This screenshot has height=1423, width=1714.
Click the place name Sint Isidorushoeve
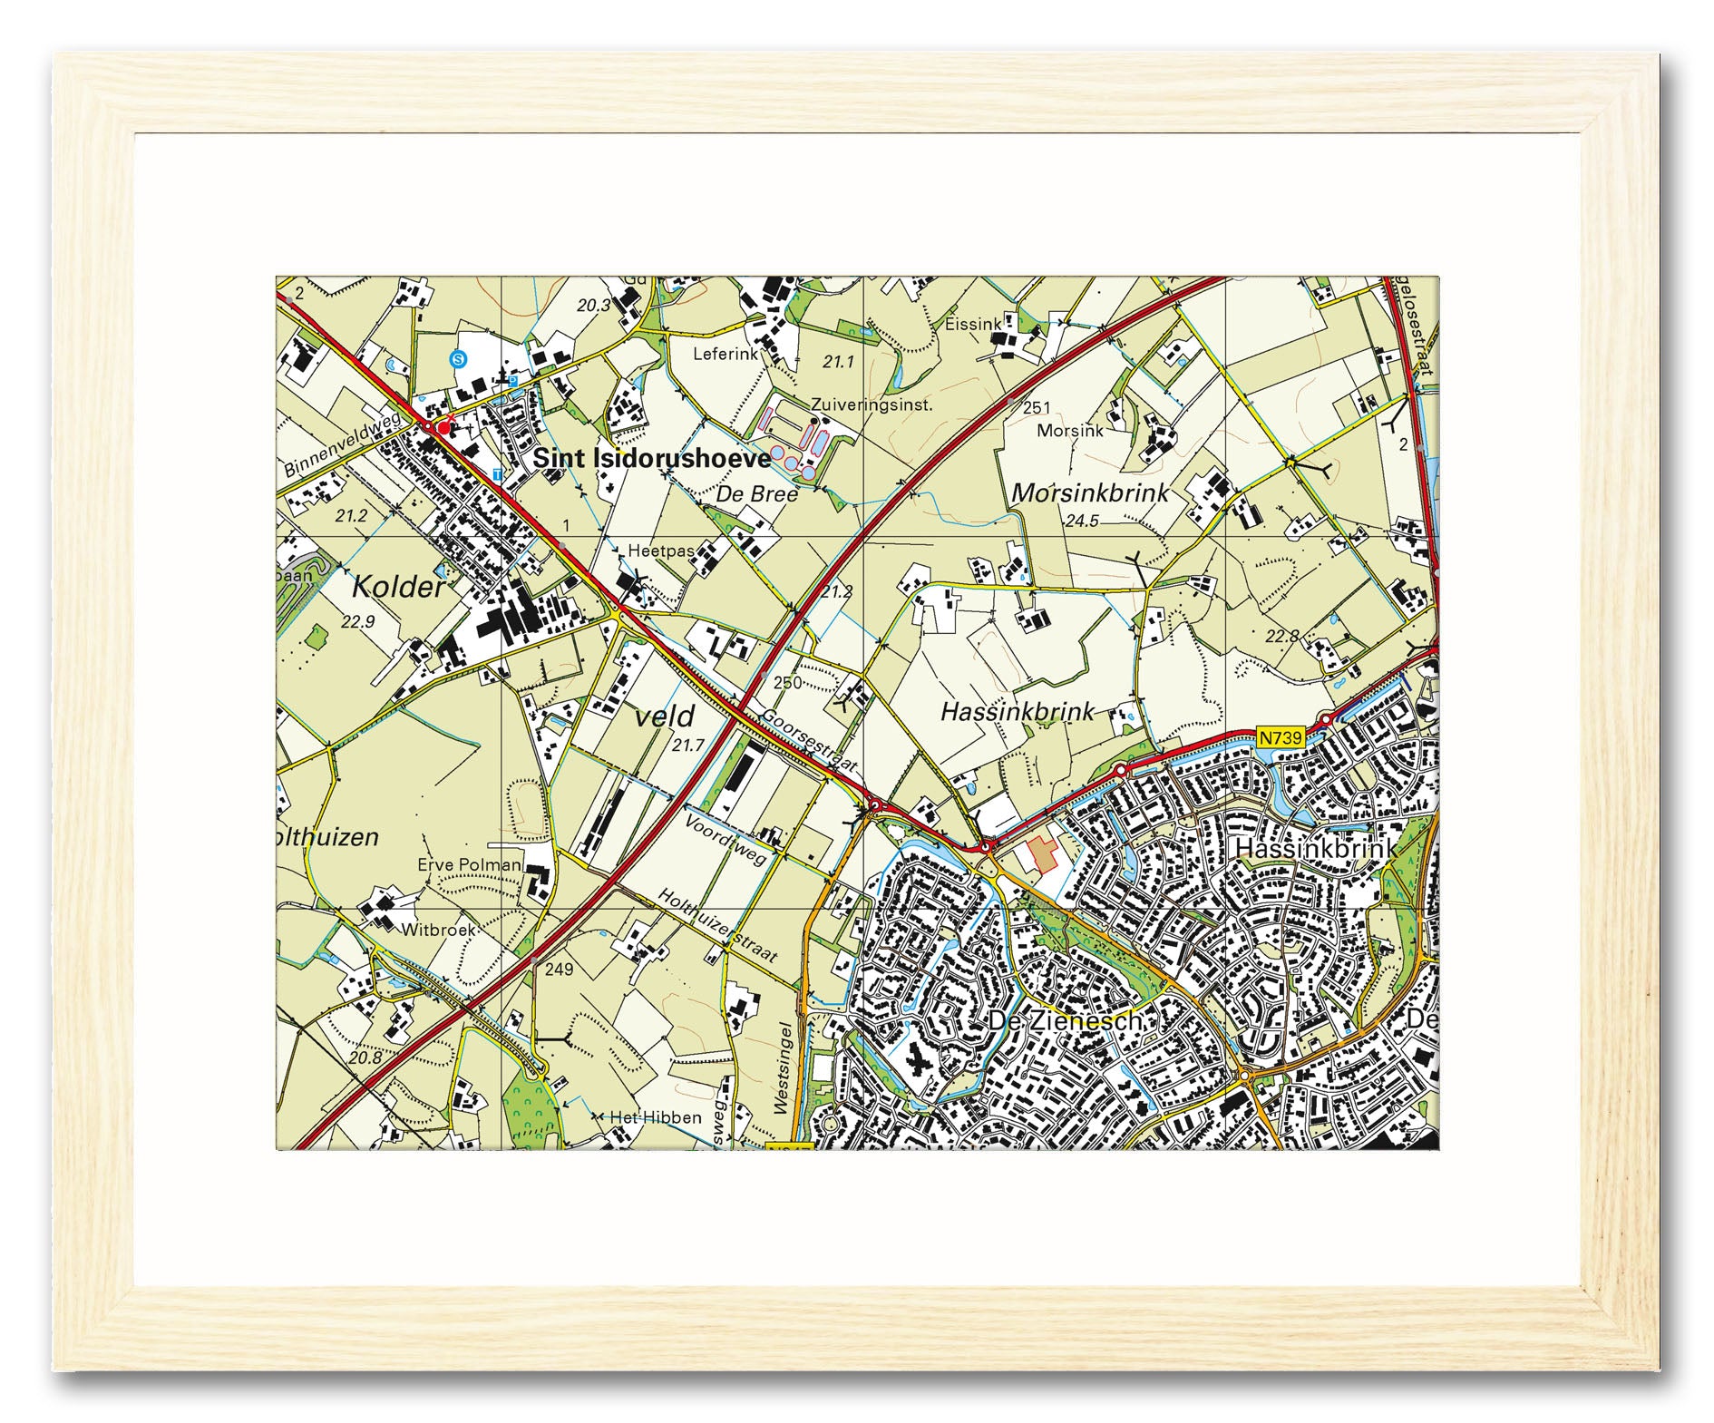pyautogui.click(x=651, y=458)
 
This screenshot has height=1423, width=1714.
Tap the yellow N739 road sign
pyautogui.click(x=1281, y=737)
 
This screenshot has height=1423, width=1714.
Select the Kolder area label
pyautogui.click(x=398, y=588)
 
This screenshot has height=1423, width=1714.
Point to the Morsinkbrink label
pyautogui.click(x=1089, y=493)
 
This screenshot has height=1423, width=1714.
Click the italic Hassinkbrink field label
pyautogui.click(x=1018, y=711)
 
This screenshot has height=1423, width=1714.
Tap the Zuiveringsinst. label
pyautogui.click(x=871, y=404)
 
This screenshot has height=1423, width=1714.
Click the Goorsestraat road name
pyautogui.click(x=809, y=741)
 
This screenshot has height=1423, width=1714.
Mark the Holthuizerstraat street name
pyautogui.click(x=717, y=925)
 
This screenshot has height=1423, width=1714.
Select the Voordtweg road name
pyautogui.click(x=726, y=840)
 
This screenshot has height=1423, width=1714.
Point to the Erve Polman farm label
pyautogui.click(x=469, y=864)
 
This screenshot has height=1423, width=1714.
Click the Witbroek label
pyautogui.click(x=438, y=930)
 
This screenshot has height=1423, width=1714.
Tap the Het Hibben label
pyautogui.click(x=655, y=1117)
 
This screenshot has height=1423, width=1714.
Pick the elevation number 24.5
pyautogui.click(x=1082, y=521)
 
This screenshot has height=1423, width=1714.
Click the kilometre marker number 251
pyautogui.click(x=1037, y=408)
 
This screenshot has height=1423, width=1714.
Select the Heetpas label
pyautogui.click(x=660, y=551)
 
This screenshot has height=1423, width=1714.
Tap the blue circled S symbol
pyautogui.click(x=459, y=359)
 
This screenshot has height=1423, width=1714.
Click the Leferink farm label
pyautogui.click(x=725, y=354)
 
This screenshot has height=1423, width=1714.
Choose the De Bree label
pyautogui.click(x=756, y=494)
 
